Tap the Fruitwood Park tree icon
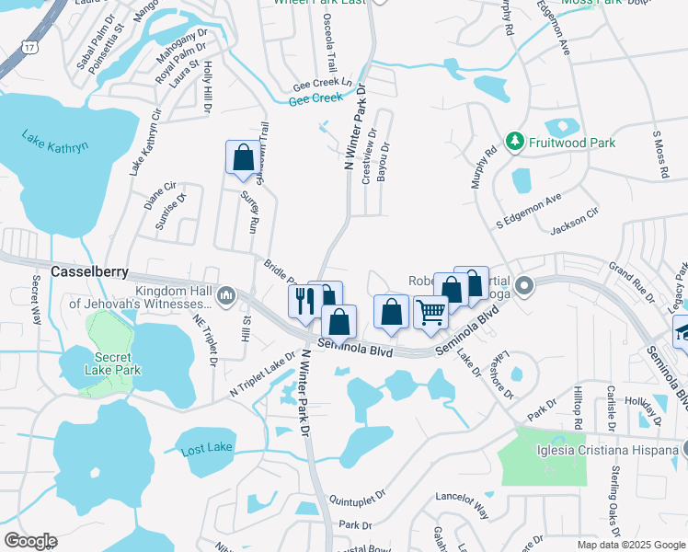pos(514,143)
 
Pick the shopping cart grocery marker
pos(430,312)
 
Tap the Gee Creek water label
pos(315,98)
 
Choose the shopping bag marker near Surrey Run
pos(243,157)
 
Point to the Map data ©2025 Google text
pos(632,545)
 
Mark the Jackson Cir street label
pos(573,224)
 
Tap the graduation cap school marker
pos(682,330)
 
